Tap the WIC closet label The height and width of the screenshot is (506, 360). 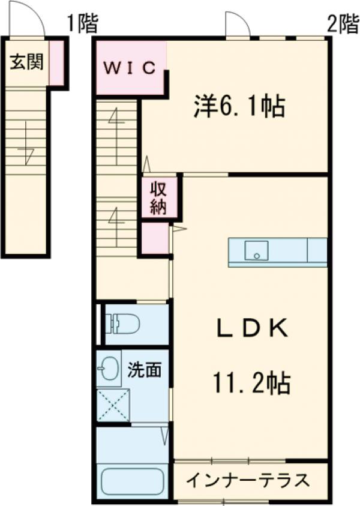[x=130, y=68]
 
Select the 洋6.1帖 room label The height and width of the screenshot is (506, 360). [x=239, y=106]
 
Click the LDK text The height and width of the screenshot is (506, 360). [x=252, y=328]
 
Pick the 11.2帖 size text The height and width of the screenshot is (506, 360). [x=251, y=384]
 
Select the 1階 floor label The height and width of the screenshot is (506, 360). [x=82, y=24]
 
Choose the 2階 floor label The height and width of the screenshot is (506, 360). [x=343, y=24]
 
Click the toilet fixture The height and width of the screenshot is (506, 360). [x=122, y=324]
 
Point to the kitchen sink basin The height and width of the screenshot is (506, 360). [x=256, y=250]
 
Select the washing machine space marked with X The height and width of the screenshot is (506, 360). [x=113, y=405]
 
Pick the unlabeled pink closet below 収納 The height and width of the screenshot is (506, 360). [x=155, y=238]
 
